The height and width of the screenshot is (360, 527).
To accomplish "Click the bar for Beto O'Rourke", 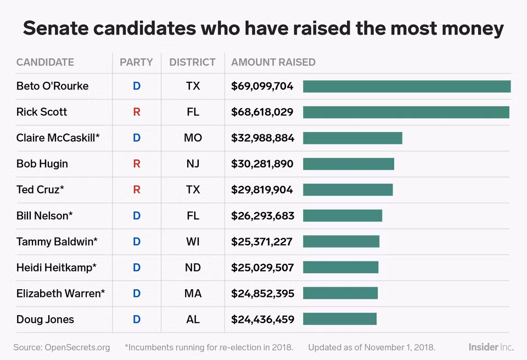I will (x=407, y=86).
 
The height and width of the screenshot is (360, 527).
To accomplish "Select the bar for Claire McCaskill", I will (x=352, y=138).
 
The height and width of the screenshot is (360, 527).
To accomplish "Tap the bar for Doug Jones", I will (x=340, y=319).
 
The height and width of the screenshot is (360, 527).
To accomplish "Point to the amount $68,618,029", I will (x=262, y=112).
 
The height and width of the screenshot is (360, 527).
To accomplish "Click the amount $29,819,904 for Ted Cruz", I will (x=262, y=190).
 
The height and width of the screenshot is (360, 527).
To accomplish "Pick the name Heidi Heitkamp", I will (x=57, y=268).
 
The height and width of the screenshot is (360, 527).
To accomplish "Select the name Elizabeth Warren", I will (x=60, y=294).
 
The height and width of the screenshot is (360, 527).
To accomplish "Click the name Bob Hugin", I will (x=42, y=164).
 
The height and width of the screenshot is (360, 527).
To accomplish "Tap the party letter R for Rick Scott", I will (x=137, y=112).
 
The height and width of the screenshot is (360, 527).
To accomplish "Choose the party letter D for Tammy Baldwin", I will (x=137, y=241).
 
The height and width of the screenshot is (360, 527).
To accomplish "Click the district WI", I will (x=193, y=241).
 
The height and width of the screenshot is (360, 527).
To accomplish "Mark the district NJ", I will (x=193, y=164).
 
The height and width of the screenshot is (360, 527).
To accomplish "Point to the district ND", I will (x=193, y=268).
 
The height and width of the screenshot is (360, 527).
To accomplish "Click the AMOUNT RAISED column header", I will (x=273, y=62).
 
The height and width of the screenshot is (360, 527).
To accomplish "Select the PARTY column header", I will (x=136, y=62).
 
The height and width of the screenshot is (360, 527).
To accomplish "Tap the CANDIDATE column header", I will (x=45, y=62).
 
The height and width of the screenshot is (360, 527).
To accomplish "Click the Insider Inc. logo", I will (x=491, y=347).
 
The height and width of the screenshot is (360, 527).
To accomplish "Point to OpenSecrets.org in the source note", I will (x=77, y=347).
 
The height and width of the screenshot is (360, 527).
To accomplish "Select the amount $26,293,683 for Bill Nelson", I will (x=262, y=216).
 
